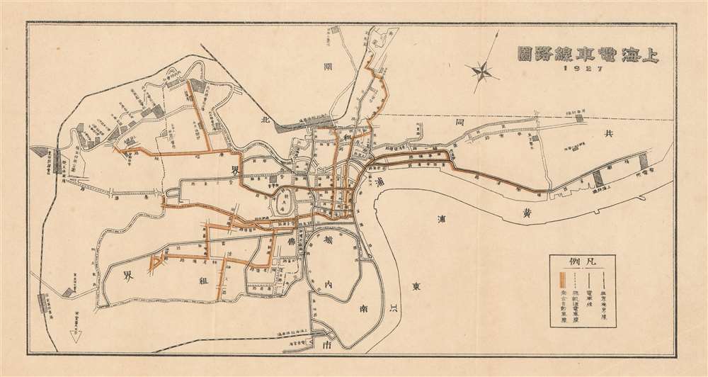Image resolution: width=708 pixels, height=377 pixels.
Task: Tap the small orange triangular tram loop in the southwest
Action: point(155,266)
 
